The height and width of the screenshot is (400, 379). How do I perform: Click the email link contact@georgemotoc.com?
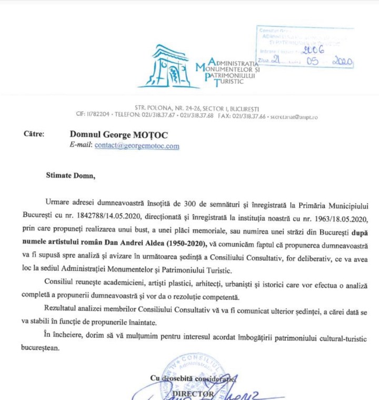[x=137, y=146]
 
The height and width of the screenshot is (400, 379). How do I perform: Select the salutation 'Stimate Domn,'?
[x=71, y=176]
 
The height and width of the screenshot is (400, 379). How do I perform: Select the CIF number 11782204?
[x=97, y=115]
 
